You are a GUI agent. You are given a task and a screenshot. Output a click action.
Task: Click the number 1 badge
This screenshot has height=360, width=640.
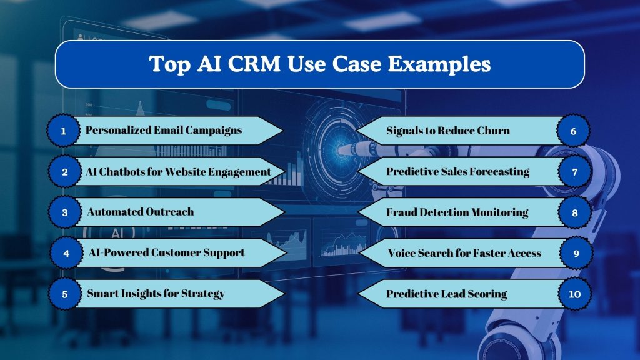click(x=64, y=131)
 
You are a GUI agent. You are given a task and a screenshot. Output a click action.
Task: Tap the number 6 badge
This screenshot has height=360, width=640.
click(x=573, y=131)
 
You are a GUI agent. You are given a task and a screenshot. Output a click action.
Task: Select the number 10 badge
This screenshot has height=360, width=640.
click(x=573, y=294)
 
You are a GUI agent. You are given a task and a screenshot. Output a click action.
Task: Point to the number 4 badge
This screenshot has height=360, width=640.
click(x=64, y=253)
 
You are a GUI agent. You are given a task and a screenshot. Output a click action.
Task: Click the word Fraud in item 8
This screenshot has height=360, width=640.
click(x=401, y=212)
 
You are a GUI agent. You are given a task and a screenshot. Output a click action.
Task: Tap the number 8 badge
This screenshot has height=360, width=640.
click(x=573, y=212)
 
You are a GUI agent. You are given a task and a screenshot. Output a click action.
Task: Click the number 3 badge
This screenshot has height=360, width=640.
click(x=64, y=212)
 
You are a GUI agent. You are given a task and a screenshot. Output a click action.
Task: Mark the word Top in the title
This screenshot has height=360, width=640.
click(x=168, y=64)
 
